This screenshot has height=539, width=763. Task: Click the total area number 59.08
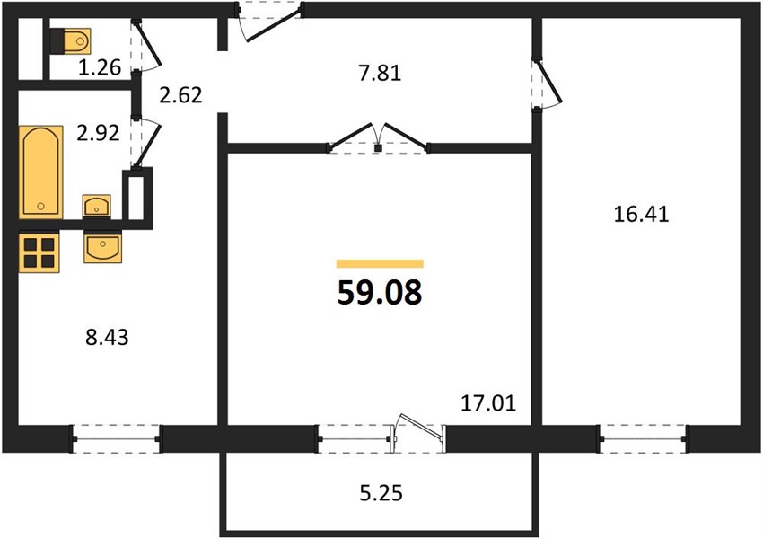pyautogui.click(x=380, y=293)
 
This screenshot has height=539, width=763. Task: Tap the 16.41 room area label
pyautogui.click(x=641, y=214)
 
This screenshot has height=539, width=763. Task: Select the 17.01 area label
pyautogui.click(x=488, y=403)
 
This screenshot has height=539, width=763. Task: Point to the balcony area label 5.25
pyautogui.click(x=381, y=493)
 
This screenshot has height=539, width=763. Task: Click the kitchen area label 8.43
pyautogui.click(x=107, y=337)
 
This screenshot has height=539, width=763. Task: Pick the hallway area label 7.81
pyautogui.click(x=380, y=74)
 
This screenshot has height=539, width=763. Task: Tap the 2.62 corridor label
pyautogui.click(x=180, y=95)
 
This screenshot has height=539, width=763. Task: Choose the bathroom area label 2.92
pyautogui.click(x=98, y=133)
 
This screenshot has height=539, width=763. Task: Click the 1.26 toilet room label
pyautogui.click(x=100, y=67)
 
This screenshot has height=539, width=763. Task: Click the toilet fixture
pyautogui.click(x=71, y=41)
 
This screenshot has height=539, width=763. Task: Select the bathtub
pyautogui.click(x=41, y=172)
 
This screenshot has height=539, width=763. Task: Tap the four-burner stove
pyautogui.click(x=39, y=252)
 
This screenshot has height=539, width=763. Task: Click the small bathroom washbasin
pyautogui.click(x=96, y=206)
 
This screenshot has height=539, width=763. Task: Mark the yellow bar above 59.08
pyautogui.click(x=380, y=264)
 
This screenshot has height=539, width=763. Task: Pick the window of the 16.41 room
pyautogui.click(x=643, y=438)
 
